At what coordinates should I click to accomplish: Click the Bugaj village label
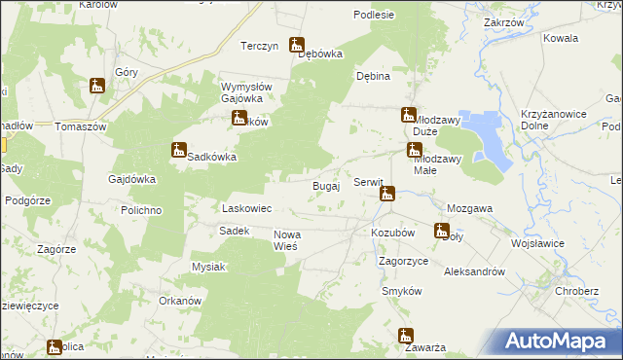click(x=325, y=186)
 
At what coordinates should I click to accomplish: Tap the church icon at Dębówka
click(x=298, y=45)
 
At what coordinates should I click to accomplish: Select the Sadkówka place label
click(x=213, y=156)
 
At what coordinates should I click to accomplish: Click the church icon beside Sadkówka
click(x=178, y=151)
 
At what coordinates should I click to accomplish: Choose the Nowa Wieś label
click(x=291, y=239)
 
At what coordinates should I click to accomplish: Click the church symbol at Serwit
click(x=386, y=195)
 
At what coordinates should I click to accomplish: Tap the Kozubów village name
click(x=393, y=234)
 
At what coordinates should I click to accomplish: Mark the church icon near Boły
click(x=442, y=232)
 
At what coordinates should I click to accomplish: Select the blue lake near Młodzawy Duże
click(x=484, y=136)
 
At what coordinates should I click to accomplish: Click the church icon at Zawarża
click(x=406, y=337)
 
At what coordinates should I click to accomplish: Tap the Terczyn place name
click(x=260, y=46)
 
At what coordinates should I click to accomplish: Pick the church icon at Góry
click(x=97, y=87)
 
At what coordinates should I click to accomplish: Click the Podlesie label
click(x=375, y=15)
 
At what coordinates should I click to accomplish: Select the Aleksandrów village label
click(x=474, y=272)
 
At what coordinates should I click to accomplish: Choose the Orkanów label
click(x=179, y=301)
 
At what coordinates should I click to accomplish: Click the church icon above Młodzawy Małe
click(x=415, y=151)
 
